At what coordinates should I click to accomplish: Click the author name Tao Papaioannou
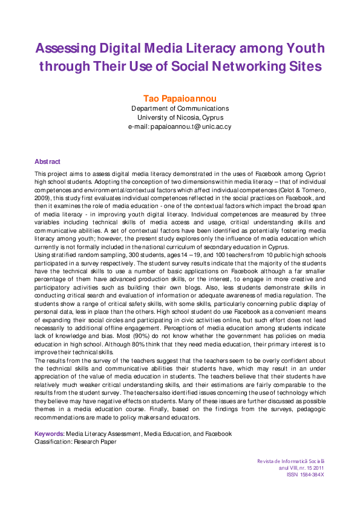tap(180, 98)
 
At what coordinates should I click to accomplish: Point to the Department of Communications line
tap(180, 108)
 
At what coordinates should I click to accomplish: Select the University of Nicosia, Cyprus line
tap(180, 117)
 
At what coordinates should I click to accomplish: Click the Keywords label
tap(49, 434)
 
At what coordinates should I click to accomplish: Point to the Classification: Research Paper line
tap(76, 442)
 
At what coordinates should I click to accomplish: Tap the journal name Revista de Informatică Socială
tap(290, 462)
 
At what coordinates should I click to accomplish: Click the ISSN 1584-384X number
tap(305, 475)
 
